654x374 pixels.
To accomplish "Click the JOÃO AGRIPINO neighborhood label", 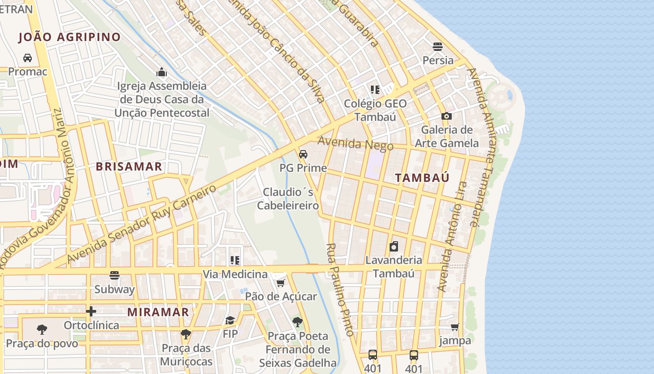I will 69,37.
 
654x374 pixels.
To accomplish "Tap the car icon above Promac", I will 28,58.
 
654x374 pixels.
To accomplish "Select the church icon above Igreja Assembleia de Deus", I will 162,72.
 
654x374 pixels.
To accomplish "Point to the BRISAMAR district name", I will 129,166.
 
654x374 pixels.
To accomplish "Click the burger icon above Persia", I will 438,46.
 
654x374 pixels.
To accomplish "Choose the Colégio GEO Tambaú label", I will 375,110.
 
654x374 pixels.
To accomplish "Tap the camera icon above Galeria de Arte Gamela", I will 447,116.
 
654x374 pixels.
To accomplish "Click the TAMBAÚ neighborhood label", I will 422,178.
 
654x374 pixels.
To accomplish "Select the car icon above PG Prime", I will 303,154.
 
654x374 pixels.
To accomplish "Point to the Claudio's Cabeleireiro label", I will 288,199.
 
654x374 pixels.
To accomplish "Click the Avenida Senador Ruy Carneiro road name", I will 142,224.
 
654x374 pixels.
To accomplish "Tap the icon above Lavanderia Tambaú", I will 394,246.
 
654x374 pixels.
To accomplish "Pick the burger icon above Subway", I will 114,275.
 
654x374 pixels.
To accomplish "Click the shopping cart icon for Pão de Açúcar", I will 281,283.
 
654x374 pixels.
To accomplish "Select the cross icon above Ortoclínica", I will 91,311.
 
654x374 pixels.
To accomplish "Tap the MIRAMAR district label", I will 158,312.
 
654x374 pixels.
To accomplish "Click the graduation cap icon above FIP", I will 230,320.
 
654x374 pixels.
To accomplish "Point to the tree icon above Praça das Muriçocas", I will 186,334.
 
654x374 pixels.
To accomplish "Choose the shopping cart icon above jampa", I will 455,327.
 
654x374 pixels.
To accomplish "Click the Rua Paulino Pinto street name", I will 339,290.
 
